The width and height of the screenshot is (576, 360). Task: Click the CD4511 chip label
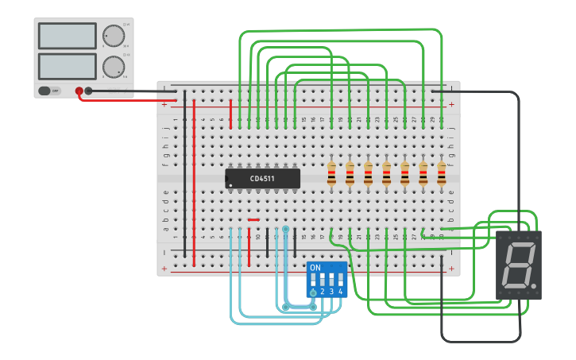[x=262, y=179]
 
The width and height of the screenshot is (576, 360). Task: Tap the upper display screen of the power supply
[x=67, y=36]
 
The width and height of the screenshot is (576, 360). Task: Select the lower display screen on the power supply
[x=67, y=65]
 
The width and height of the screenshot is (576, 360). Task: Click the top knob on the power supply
[x=114, y=36]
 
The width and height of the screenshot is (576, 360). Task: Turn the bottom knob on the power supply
[x=114, y=67]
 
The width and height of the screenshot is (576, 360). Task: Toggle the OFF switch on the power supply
[x=50, y=91]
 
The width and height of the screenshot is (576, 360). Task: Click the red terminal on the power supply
[x=79, y=91]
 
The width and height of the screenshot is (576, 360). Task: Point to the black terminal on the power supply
[x=88, y=91]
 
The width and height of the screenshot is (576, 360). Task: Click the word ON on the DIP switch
[x=315, y=268]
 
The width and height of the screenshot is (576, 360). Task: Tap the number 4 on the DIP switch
[x=341, y=292]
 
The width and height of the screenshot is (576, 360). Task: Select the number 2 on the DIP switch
[x=323, y=292]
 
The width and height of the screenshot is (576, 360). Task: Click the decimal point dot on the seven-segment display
[x=535, y=285]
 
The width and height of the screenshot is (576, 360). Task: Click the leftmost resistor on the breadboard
[x=331, y=173]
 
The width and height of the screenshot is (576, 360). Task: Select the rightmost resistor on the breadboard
[x=442, y=173]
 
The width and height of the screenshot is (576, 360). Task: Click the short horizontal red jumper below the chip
[x=253, y=220]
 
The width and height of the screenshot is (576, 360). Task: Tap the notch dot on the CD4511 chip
[x=231, y=186]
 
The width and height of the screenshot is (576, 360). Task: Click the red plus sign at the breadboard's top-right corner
[x=451, y=105]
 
